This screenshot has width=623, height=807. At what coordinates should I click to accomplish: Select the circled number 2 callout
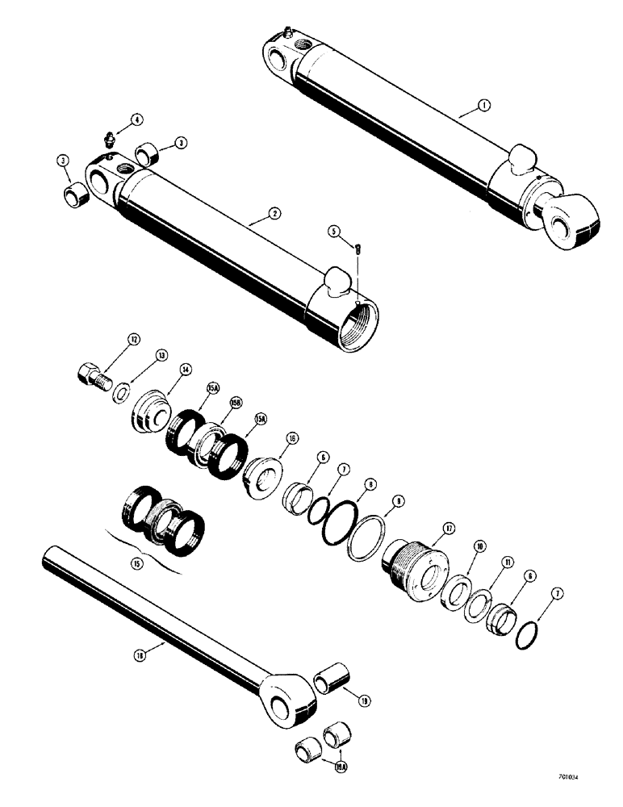pos(274,214)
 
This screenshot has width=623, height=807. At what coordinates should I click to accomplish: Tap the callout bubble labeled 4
pos(137,119)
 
